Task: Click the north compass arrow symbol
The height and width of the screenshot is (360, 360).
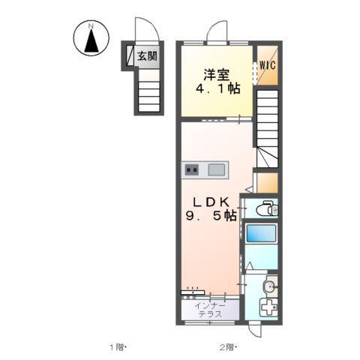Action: click(91, 41)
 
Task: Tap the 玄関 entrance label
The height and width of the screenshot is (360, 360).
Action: click(148, 56)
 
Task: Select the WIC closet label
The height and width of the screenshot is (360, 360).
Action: click(268, 65)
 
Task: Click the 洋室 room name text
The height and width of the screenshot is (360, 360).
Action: click(217, 74)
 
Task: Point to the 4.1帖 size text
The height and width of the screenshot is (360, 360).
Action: click(217, 88)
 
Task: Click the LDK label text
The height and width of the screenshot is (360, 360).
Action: click(211, 202)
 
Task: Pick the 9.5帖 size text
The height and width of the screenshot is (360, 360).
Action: click(211, 215)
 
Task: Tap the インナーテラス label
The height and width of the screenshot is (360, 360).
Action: click(210, 310)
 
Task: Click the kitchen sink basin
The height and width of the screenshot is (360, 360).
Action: click(217, 170)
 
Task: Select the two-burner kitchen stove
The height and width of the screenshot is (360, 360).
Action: click(192, 170)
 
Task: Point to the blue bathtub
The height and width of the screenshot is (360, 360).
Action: click(261, 233)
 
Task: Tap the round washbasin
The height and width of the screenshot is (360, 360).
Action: click(269, 286)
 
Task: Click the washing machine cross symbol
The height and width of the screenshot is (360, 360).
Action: click(268, 307)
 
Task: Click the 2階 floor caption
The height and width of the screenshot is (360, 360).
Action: click(227, 347)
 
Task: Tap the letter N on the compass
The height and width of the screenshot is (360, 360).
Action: click(91, 25)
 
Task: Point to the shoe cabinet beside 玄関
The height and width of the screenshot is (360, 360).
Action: click(130, 55)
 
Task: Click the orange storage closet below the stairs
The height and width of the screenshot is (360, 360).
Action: click(267, 183)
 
